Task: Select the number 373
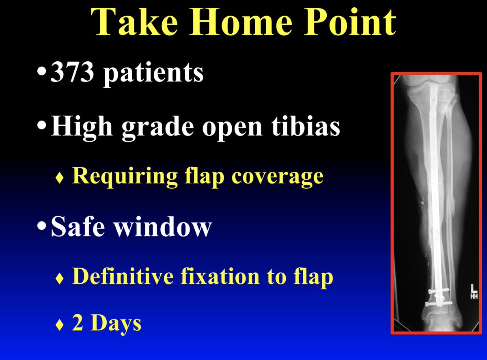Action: pyautogui.click(x=75, y=73)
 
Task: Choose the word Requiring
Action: pyautogui.click(x=124, y=177)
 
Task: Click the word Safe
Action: pyautogui.click(x=80, y=227)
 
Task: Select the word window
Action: pyautogui.click(x=162, y=227)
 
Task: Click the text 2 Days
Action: pyautogui.click(x=107, y=323)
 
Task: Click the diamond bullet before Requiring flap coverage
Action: pyautogui.click(x=60, y=178)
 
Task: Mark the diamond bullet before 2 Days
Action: pyautogui.click(x=60, y=325)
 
